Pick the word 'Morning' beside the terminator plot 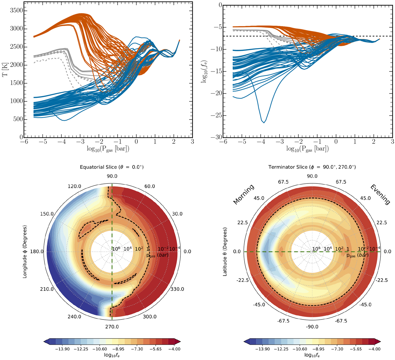pos(244,194)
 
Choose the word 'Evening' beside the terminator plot pos(382,195)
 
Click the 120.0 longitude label pos(74,186)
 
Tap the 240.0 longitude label pos(74,317)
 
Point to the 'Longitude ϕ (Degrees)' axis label pos(25,252)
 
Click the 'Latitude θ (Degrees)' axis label pos(225,252)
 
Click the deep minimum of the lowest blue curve pos(264,123)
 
